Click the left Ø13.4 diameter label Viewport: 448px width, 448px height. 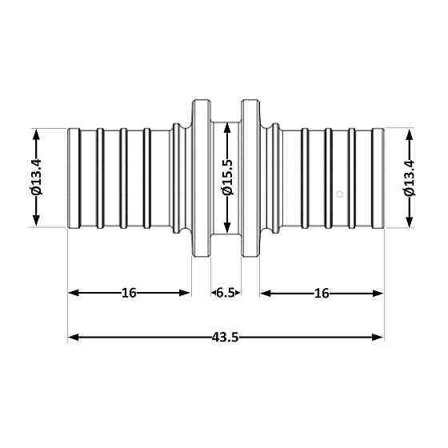[37, 178]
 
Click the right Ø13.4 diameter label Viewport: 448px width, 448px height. [410, 178]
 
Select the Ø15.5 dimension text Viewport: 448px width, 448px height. [226, 178]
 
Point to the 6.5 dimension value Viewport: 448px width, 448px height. [226, 293]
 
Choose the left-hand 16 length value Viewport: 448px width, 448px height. [129, 293]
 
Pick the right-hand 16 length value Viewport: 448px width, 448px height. [322, 293]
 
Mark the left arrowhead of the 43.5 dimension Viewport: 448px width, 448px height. [74, 337]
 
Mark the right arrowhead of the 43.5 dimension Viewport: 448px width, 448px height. [378, 337]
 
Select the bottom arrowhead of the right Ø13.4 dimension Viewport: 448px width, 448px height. [410, 222]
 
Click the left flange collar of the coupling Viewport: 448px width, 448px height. [202, 178]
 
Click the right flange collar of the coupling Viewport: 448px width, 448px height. [251, 178]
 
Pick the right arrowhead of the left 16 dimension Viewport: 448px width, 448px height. [186, 293]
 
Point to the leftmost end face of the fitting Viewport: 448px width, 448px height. [70, 178]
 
